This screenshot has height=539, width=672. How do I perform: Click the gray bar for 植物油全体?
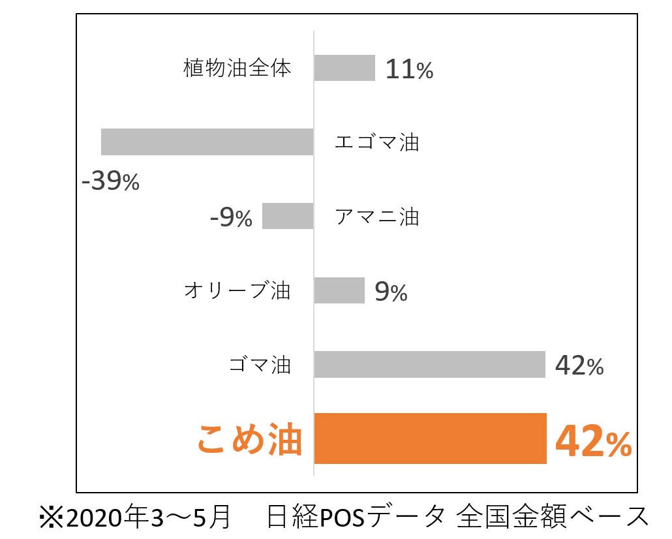pos(344,68)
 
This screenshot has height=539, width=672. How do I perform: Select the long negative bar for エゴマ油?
pos(207,142)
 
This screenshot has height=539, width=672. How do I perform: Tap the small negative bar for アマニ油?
pos(288,216)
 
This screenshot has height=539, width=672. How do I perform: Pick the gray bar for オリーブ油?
pos(339,290)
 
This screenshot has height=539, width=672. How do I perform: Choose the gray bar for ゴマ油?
pos(429,364)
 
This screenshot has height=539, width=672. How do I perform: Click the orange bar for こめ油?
pos(430,439)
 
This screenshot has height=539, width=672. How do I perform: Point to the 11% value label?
pos(409,69)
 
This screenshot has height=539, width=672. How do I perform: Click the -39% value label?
pos(110,181)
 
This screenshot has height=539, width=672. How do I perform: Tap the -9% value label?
pos(231,217)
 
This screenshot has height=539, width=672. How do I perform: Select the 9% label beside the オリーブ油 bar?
pos(391,292)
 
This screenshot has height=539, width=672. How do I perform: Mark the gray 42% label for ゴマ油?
pos(579,366)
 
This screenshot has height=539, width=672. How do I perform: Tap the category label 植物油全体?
pos(237,68)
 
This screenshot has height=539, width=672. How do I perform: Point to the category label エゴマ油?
pos(376,142)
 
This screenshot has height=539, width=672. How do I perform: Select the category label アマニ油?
pos(376,216)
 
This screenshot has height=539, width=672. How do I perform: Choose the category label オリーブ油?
pos(237,290)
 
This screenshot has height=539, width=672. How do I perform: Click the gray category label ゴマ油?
pos(260,365)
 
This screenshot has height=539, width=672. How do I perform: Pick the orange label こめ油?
pos(250,439)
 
